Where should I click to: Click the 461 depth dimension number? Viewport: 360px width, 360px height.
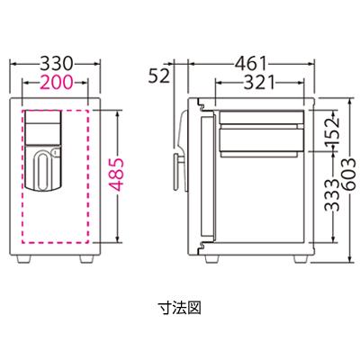coord(252,65)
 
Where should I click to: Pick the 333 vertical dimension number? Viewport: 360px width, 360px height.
coord(333,219)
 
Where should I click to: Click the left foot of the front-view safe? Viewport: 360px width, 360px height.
coord(31,258)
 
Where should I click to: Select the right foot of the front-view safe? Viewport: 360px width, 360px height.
coord(86,258)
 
